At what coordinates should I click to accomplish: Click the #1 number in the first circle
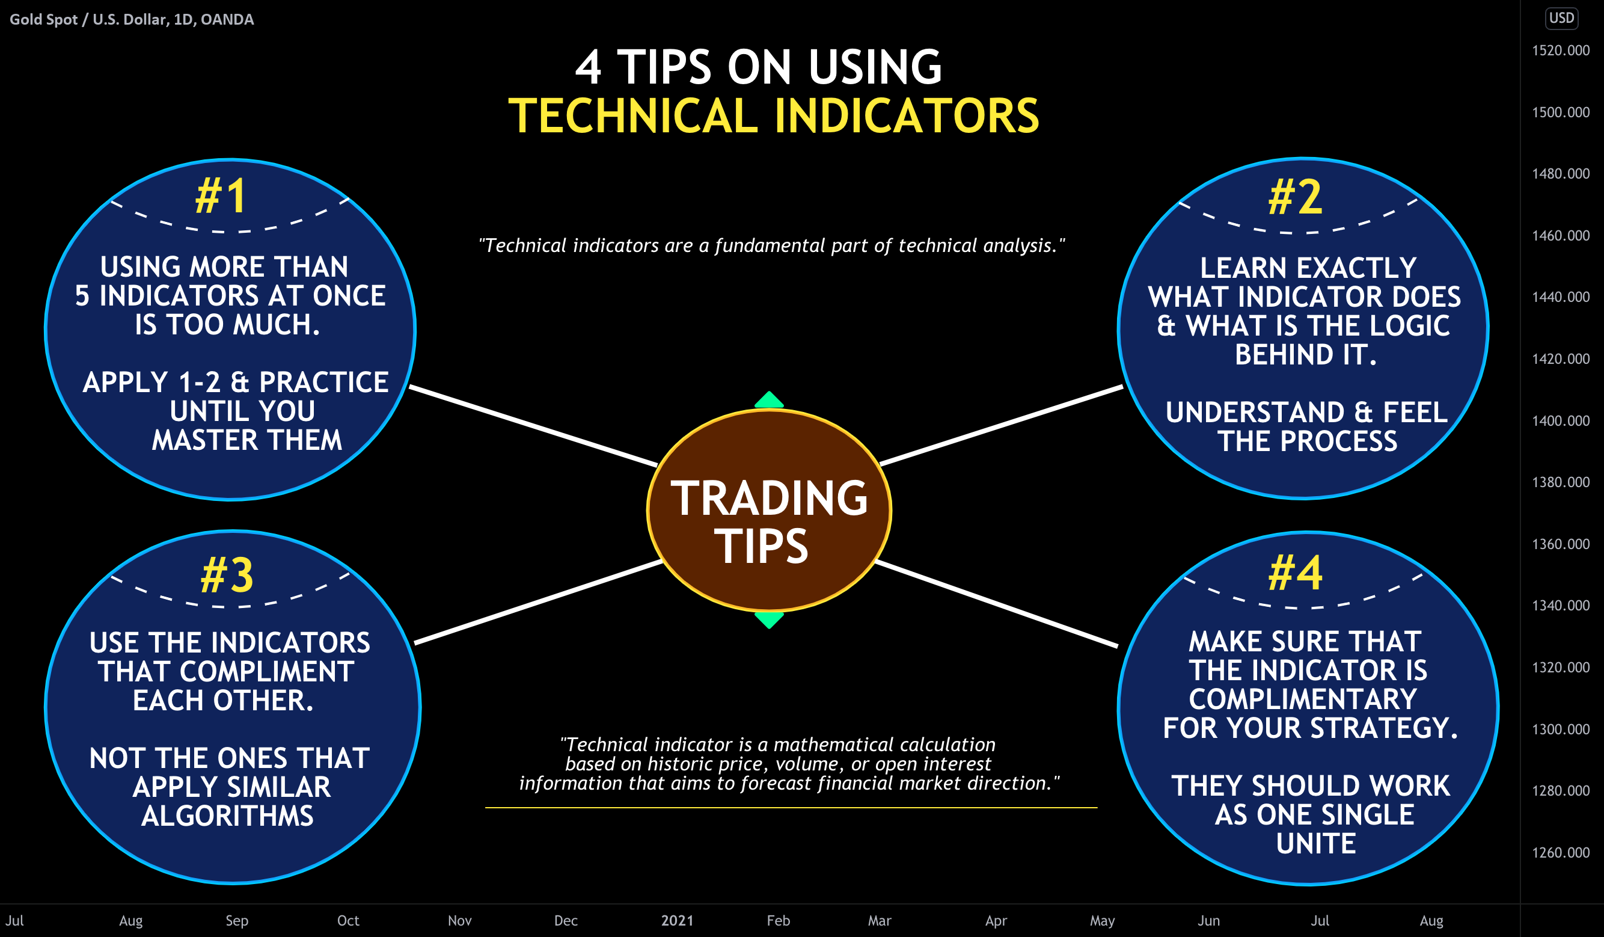click(x=221, y=196)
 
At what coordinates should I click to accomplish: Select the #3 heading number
click(x=227, y=576)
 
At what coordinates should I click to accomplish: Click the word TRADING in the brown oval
click(x=769, y=499)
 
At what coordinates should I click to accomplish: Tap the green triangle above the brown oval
click(x=769, y=401)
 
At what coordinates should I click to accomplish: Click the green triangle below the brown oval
click(x=769, y=619)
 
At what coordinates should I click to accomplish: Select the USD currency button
click(x=1561, y=18)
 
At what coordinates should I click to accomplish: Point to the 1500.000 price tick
click(x=1560, y=112)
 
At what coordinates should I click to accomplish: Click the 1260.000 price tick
click(x=1560, y=853)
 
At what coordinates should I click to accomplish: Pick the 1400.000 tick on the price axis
click(x=1560, y=421)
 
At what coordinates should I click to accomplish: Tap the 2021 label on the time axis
click(x=676, y=920)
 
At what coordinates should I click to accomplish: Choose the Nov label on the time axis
click(x=459, y=920)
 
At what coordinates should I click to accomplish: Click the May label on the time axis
click(x=1102, y=920)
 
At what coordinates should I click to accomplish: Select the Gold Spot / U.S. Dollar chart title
click(x=132, y=20)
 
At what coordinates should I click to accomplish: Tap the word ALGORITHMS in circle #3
click(x=227, y=816)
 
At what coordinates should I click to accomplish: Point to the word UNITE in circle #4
click(x=1315, y=843)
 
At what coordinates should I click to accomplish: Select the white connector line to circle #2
click(x=1000, y=425)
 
